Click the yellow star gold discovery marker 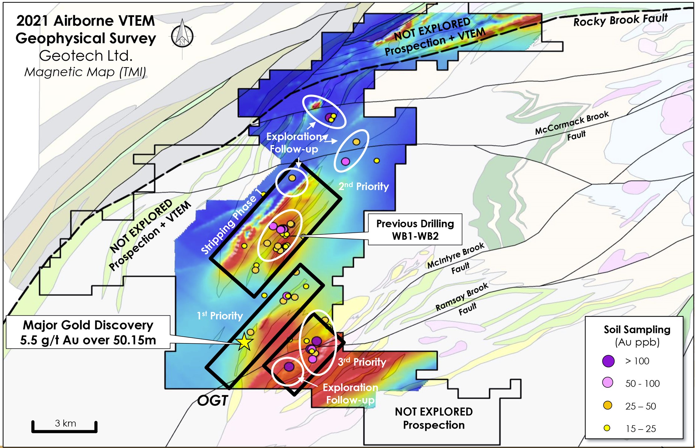pos(244,342)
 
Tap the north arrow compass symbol pos(182,36)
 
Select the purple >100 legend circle pos(608,361)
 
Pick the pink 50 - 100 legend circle pos(608,383)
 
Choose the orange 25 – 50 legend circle pos(608,406)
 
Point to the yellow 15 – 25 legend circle pos(607,428)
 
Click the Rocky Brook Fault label pos(620,20)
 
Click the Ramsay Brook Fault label pos(462,300)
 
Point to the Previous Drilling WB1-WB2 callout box pos(415,229)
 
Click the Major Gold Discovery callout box pos(88,332)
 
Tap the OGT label pos(213,401)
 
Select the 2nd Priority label pos(364,186)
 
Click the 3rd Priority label pos(362,362)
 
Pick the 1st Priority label pos(220,315)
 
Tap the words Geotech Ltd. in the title pos(86,56)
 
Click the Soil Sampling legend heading pos(637,330)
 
